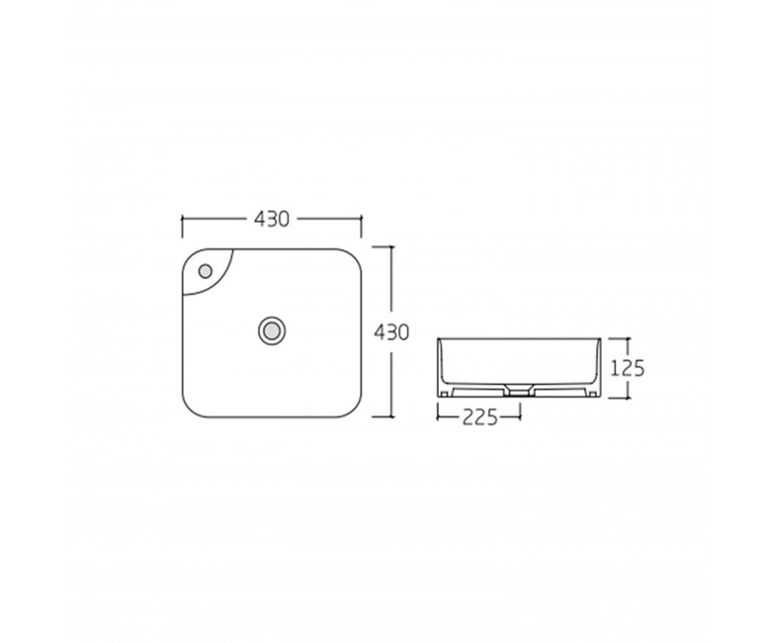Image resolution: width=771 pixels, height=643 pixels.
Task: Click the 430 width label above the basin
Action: [x=272, y=219]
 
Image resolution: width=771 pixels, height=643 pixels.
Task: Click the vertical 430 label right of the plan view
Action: [x=391, y=332]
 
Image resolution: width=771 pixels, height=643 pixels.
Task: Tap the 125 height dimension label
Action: [x=627, y=367]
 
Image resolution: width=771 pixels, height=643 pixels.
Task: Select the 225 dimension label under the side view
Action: [x=480, y=417]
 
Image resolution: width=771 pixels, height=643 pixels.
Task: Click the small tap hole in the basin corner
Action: [x=205, y=271]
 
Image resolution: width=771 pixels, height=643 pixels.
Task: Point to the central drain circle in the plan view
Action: [x=272, y=331]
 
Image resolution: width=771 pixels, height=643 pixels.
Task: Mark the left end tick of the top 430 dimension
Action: [x=183, y=227]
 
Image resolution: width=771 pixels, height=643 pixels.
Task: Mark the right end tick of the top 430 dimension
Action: [x=362, y=227]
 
